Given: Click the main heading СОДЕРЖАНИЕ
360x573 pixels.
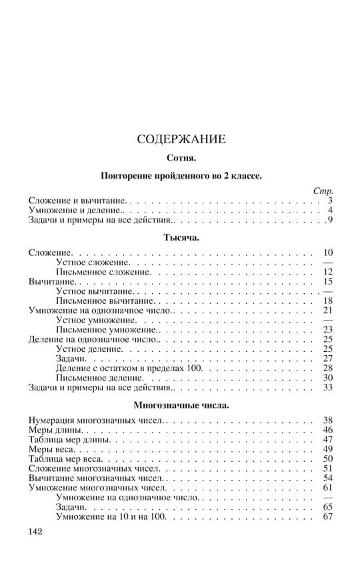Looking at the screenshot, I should [x=181, y=140].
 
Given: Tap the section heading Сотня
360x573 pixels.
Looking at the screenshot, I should [x=181, y=160].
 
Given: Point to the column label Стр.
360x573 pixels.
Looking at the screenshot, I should [x=323, y=191].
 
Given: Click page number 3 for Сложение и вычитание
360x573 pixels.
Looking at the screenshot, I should [x=329, y=201].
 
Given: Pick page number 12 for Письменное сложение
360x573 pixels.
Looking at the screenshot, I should [x=327, y=273].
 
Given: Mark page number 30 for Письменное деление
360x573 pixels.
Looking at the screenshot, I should [x=327, y=378].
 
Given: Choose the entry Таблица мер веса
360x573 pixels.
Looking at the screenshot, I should [x=66, y=459].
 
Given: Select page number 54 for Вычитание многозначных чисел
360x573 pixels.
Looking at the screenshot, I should [x=327, y=478].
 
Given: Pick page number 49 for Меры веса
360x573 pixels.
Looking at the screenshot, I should [x=327, y=450].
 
